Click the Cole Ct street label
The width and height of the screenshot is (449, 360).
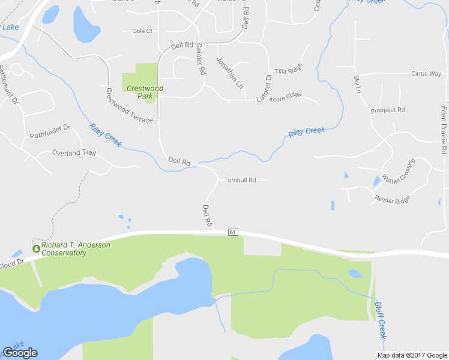pyautogui.click(x=142, y=31)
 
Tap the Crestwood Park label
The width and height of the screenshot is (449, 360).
pyautogui.click(x=145, y=92)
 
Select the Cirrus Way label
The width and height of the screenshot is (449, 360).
pyautogui.click(x=426, y=74)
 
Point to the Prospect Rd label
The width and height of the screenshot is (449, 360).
pyautogui.click(x=388, y=110)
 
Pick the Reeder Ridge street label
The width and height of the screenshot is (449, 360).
pyautogui.click(x=392, y=199)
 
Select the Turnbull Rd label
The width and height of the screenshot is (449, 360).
pyautogui.click(x=240, y=180)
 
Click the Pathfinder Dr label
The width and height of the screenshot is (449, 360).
pyautogui.click(x=50, y=132)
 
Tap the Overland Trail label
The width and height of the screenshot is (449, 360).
pyautogui.click(x=74, y=153)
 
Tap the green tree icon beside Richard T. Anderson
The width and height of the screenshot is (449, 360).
pyautogui.click(x=36, y=248)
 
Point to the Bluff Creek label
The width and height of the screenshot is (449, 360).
pyautogui.click(x=381, y=319)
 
